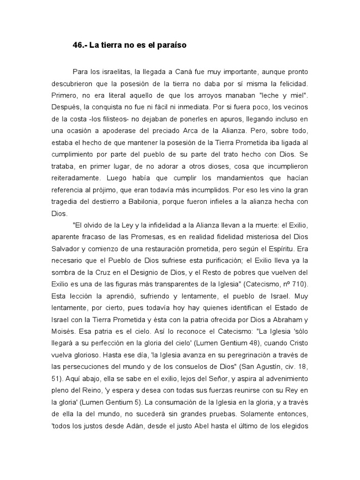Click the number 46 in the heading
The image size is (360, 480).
tap(78, 45)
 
